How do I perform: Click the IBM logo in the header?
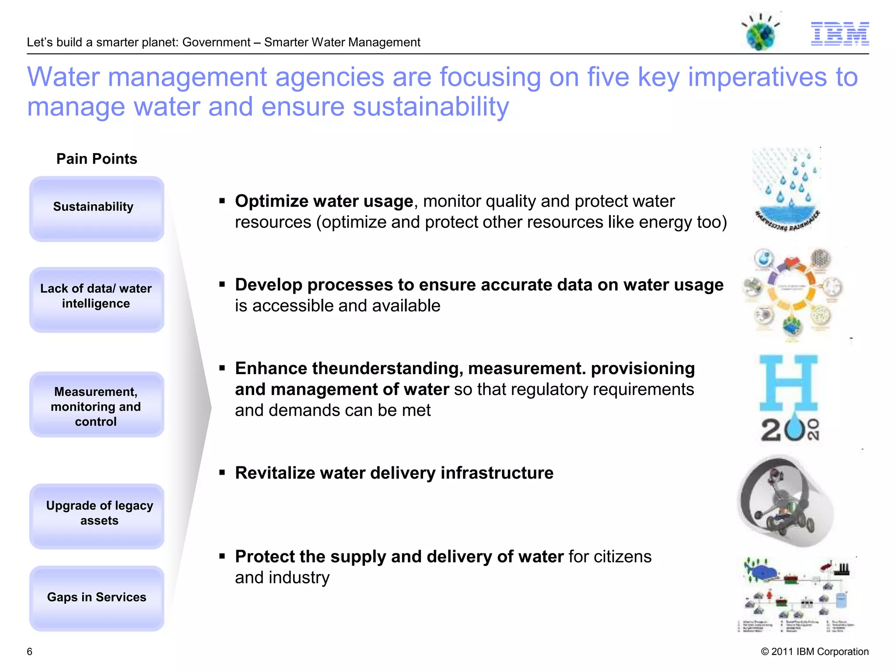point(840,34)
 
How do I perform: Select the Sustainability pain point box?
point(97,209)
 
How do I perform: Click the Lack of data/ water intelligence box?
point(97,300)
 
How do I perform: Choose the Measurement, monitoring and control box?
point(97,405)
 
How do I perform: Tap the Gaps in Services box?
point(97,598)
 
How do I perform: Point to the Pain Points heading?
point(97,159)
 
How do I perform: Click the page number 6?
point(29,651)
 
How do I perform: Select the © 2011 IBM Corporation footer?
point(815,651)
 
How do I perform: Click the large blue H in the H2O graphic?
point(788,383)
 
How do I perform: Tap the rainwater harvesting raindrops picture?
point(786,189)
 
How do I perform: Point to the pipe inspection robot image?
point(785,501)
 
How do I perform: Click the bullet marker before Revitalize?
point(222,473)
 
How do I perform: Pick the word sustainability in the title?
point(431,107)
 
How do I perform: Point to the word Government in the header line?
point(216,42)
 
